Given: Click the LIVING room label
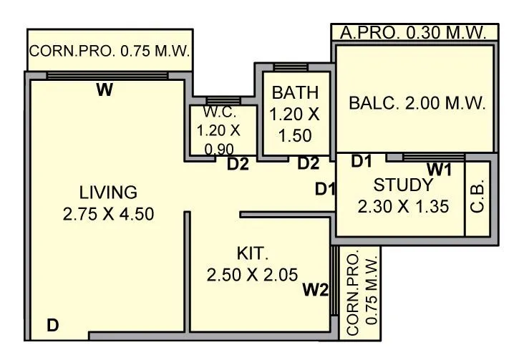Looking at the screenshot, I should [108, 192].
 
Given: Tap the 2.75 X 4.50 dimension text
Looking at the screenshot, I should [108, 214].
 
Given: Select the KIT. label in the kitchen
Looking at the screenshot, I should [252, 253].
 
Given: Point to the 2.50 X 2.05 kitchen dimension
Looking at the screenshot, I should [252, 275].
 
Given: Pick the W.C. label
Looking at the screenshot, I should [219, 113].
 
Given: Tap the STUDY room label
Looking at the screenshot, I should [403, 185].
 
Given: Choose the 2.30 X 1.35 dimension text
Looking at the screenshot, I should [403, 207].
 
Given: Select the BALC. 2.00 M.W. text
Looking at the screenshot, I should [417, 103].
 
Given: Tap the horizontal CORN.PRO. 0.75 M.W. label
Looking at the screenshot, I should [109, 52].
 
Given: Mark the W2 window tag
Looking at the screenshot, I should [315, 290].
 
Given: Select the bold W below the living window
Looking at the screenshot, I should [105, 90].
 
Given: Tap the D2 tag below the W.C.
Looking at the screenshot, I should [238, 165].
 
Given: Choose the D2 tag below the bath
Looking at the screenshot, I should [309, 164].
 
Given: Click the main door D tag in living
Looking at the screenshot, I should [52, 326].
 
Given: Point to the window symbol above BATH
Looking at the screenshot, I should [291, 67].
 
